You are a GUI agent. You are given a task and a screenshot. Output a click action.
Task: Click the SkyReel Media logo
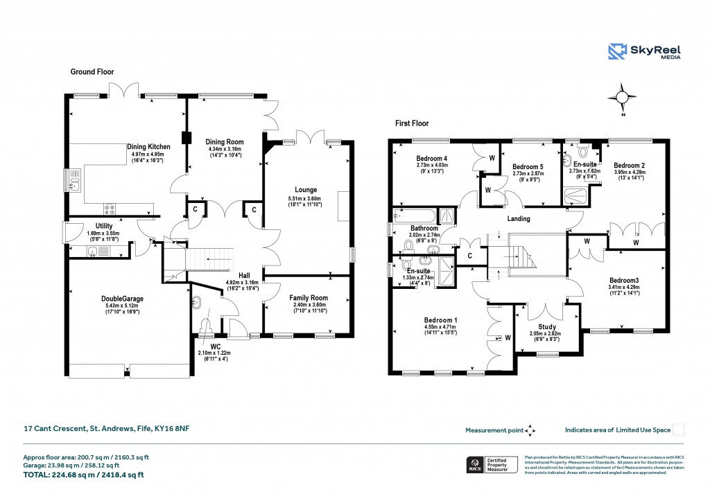pos(645,53)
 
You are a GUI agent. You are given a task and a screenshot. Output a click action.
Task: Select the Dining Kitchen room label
pos(148,147)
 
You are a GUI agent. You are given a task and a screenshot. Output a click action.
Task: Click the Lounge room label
pos(306,190)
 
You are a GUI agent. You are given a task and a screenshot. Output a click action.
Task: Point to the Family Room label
pos(308,297)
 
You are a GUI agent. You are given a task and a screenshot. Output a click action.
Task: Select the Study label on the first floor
pos(547,326)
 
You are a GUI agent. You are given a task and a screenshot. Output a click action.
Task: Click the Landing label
pos(519,219)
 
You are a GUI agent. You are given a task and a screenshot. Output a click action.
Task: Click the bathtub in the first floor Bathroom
pos(413,215)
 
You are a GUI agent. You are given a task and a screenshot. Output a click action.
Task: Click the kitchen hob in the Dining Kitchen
pos(109,207)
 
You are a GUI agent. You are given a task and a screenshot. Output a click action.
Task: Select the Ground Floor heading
pos(92,71)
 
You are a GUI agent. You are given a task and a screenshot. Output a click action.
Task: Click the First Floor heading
pos(412,123)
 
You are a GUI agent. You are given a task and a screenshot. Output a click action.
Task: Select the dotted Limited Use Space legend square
pos(679,430)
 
